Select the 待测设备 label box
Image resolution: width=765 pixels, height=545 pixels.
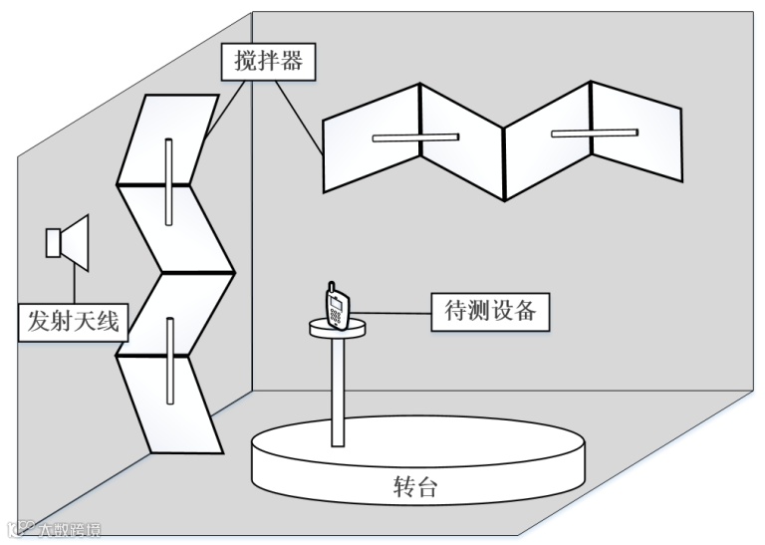click(x=489, y=310)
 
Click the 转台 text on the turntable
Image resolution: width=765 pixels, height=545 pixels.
click(x=413, y=487)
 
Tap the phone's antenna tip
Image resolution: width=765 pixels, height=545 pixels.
click(x=329, y=286)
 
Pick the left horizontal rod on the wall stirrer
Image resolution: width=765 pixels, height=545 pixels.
click(x=414, y=137)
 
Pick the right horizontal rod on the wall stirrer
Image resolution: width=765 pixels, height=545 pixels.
click(x=594, y=132)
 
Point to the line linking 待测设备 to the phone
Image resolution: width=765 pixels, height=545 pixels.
click(x=392, y=315)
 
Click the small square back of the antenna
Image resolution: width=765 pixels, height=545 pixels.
click(x=53, y=242)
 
